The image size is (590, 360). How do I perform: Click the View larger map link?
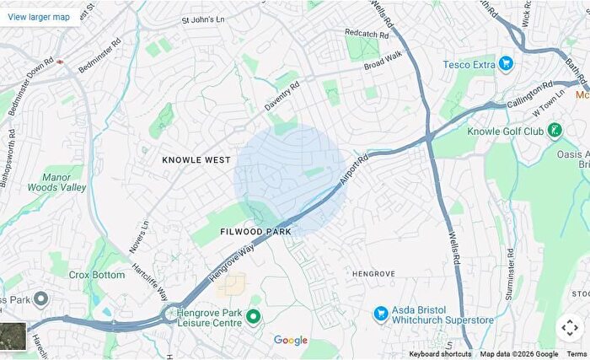point(39,16)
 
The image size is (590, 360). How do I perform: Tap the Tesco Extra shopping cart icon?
point(506,63)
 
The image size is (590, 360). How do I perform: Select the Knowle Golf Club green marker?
point(555,130)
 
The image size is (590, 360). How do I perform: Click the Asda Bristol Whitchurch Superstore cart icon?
point(381,314)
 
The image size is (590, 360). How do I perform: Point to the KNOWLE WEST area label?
point(196,159)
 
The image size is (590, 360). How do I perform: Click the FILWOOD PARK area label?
point(255,231)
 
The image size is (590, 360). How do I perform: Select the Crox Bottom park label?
point(97,275)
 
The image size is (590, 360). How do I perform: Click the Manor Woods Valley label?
point(64,183)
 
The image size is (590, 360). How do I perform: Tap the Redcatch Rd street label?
point(367,33)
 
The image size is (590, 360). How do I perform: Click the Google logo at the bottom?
point(291,340)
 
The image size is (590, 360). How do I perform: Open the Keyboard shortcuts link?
point(440,354)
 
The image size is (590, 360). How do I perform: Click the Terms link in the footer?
point(577,354)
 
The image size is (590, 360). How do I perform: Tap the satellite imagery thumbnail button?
point(13,336)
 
